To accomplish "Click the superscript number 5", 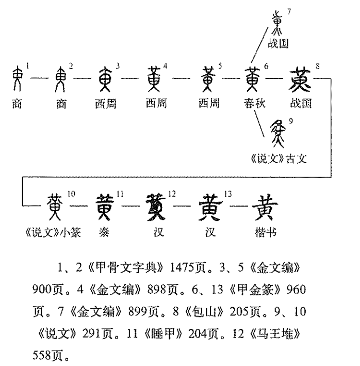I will click(x=220, y=66).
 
